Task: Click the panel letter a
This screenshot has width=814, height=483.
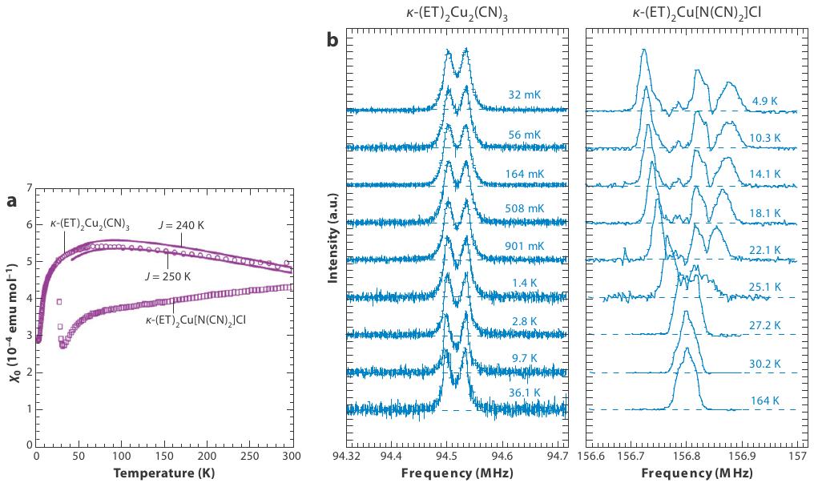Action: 11,202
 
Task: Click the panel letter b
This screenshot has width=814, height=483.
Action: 334,39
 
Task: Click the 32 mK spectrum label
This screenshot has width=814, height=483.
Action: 524,95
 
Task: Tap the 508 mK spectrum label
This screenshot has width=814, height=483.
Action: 523,208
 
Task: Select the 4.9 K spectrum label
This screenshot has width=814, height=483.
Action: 765,102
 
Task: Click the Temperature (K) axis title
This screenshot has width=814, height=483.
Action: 163,473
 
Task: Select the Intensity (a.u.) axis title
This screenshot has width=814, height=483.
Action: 333,239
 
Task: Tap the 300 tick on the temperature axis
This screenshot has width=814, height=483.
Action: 292,457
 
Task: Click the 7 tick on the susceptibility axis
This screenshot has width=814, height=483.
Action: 29,188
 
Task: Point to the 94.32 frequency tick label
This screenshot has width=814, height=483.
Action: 347,457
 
